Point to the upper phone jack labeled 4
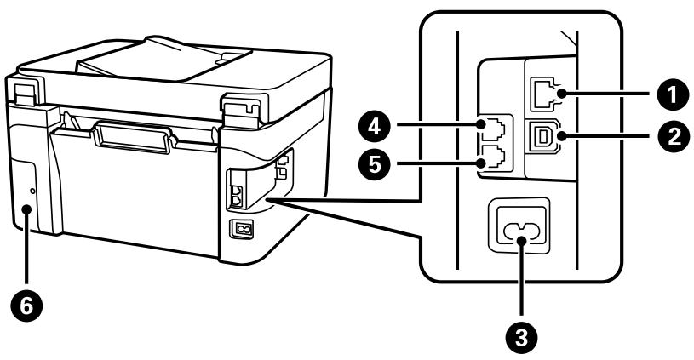pyautogui.click(x=492, y=130)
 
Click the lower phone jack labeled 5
pyautogui.click(x=492, y=160)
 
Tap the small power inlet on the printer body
pyautogui.click(x=241, y=228)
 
